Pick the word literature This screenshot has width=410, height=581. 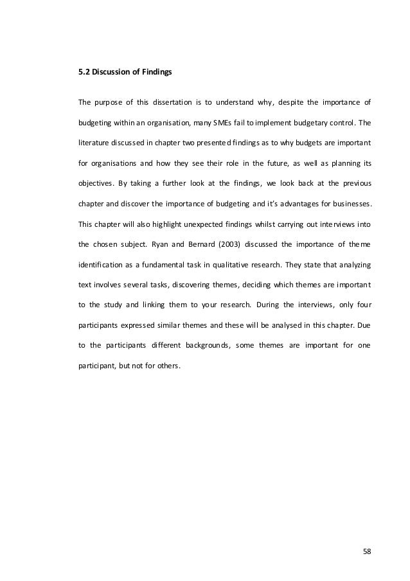[93, 143]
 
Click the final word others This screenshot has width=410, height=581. [169, 367]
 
